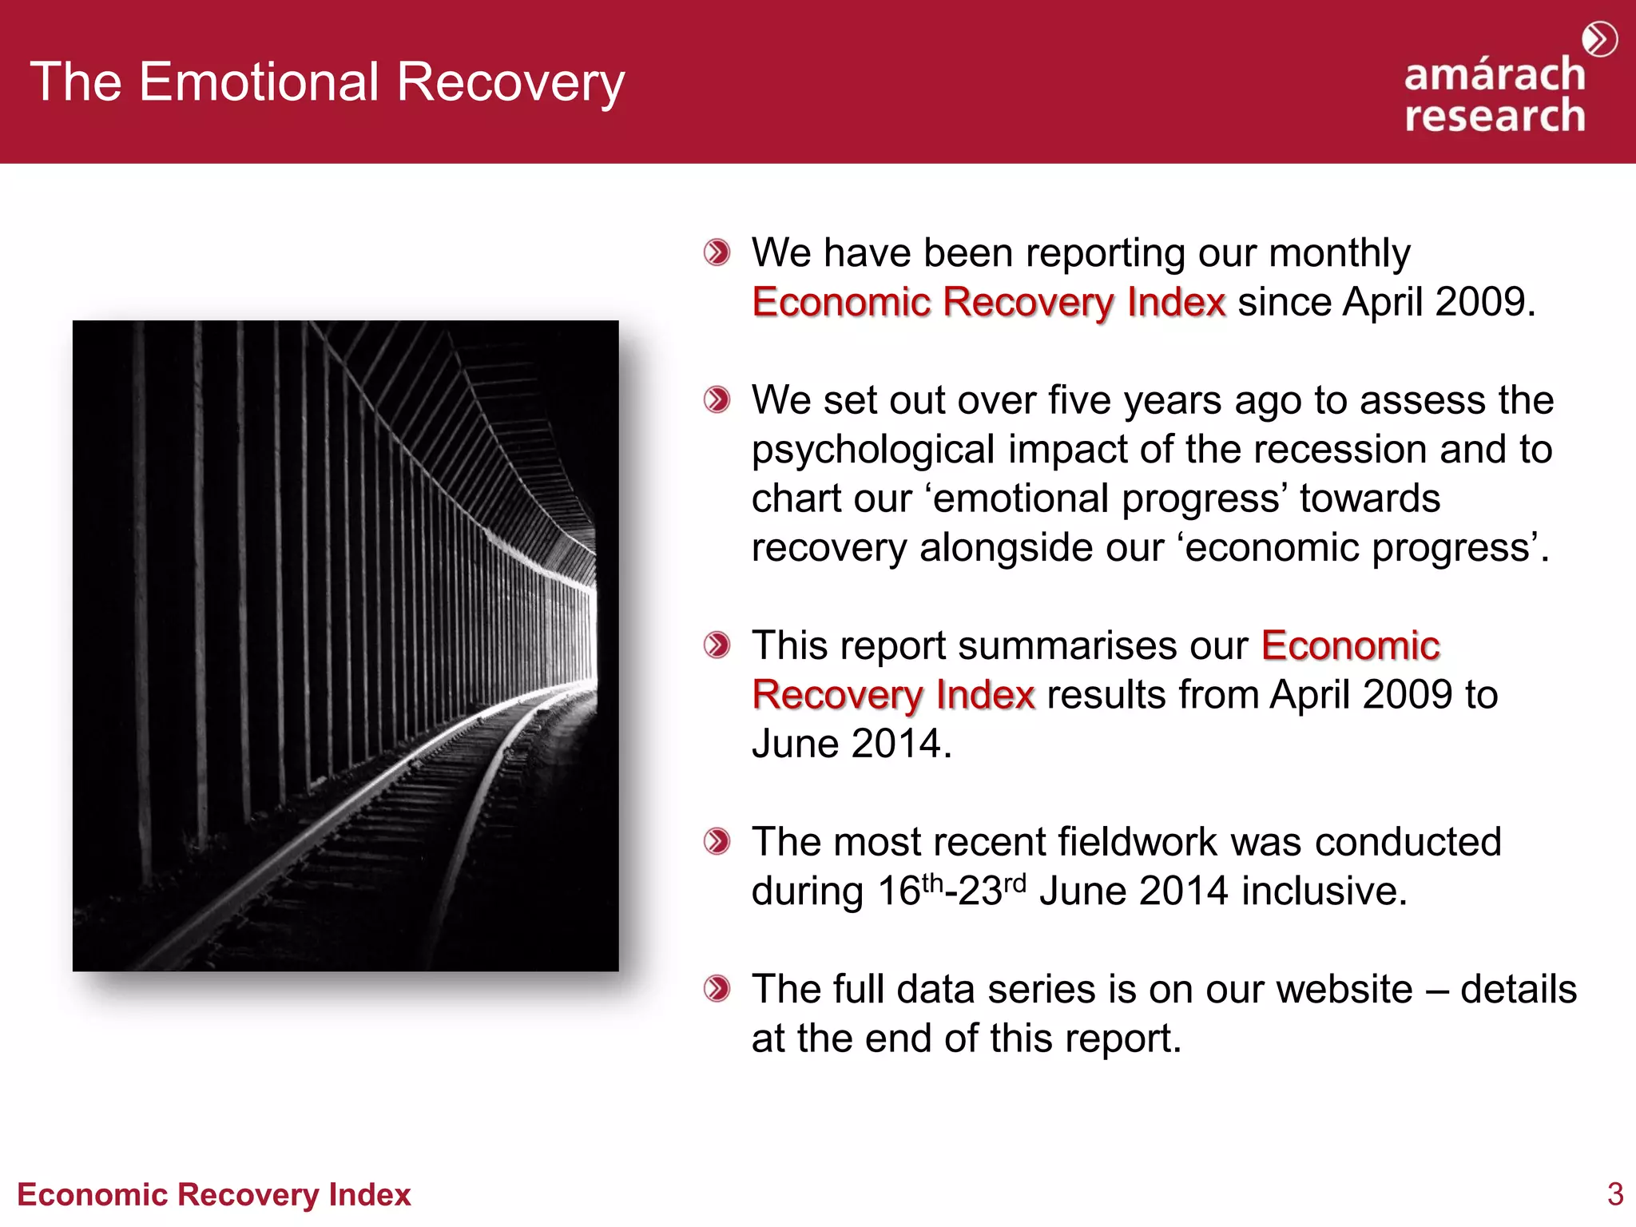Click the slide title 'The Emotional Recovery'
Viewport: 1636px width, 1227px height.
pyautogui.click(x=328, y=82)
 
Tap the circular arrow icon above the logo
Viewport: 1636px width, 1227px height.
pyautogui.click(x=1599, y=39)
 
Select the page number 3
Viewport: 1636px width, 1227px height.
pyautogui.click(x=1614, y=1194)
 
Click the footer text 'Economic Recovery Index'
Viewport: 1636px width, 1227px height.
pyautogui.click(x=214, y=1194)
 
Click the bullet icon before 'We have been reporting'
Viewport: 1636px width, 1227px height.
pyautogui.click(x=717, y=253)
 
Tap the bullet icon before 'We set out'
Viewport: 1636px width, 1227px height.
pyautogui.click(x=717, y=399)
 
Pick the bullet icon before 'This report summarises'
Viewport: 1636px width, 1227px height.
pyautogui.click(x=717, y=645)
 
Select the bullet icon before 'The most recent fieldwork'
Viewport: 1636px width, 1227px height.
pyautogui.click(x=717, y=841)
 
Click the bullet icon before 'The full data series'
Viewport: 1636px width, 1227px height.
pyautogui.click(x=717, y=989)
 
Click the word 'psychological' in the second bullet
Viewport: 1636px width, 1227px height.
pyautogui.click(x=873, y=451)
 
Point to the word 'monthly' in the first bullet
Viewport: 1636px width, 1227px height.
pyautogui.click(x=1339, y=253)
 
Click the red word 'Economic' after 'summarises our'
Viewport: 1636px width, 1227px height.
pyautogui.click(x=1350, y=645)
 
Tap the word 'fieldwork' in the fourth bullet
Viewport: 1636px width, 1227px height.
pyautogui.click(x=1138, y=842)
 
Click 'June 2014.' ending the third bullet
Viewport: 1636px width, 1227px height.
pyautogui.click(x=852, y=744)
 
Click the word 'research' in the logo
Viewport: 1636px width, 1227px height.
pyautogui.click(x=1495, y=116)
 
